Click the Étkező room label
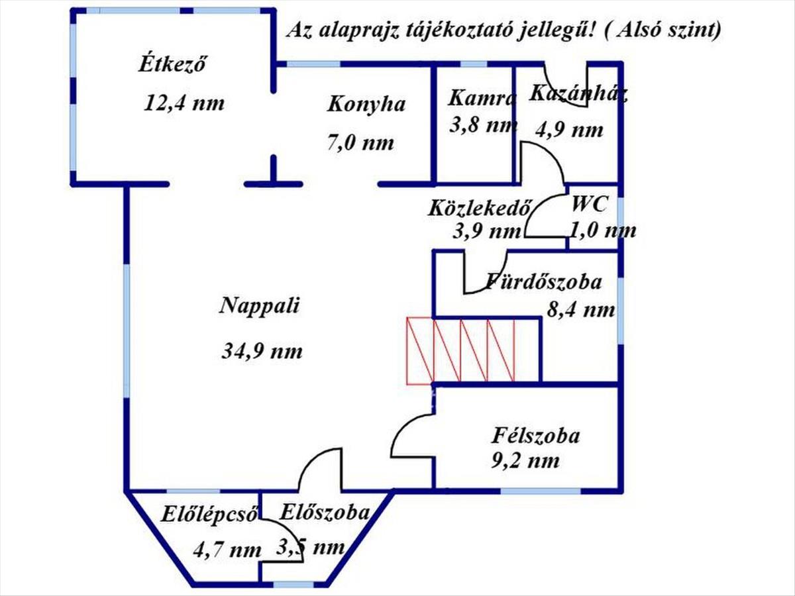(x=172, y=64)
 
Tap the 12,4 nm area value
(x=184, y=103)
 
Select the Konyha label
(x=366, y=105)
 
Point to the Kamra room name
(x=481, y=98)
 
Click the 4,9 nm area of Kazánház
(x=569, y=130)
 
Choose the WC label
(x=589, y=205)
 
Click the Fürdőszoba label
(x=543, y=282)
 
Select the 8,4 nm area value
(x=580, y=310)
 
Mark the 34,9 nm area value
(x=262, y=352)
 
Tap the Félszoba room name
(x=535, y=436)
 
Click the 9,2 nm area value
(x=525, y=462)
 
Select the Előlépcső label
(x=209, y=515)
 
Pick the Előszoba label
(x=324, y=513)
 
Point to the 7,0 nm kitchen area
(x=360, y=143)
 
